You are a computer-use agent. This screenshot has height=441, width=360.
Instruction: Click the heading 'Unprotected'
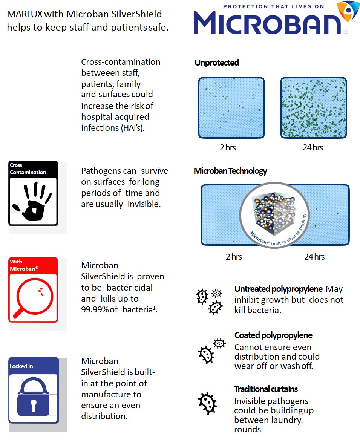(217, 63)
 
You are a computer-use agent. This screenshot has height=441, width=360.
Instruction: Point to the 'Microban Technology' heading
(230, 171)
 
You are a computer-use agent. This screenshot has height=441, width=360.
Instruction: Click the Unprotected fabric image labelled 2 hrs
(231, 108)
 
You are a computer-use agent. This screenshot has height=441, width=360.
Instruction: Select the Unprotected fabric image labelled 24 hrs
(313, 108)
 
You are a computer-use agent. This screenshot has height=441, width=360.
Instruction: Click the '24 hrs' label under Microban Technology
(314, 257)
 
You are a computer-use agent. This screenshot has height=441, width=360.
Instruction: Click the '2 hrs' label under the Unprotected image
(228, 147)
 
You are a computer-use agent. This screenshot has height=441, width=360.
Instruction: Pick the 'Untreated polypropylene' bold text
(278, 289)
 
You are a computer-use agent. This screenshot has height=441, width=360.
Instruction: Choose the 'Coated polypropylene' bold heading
(273, 335)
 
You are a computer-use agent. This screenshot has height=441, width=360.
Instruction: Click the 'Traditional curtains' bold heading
(266, 389)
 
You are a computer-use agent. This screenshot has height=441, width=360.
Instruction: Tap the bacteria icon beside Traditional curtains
(208, 402)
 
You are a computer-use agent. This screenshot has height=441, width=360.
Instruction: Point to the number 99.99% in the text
(95, 309)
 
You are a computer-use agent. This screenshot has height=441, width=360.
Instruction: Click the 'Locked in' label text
(21, 366)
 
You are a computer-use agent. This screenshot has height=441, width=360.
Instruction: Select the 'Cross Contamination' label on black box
(28, 169)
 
